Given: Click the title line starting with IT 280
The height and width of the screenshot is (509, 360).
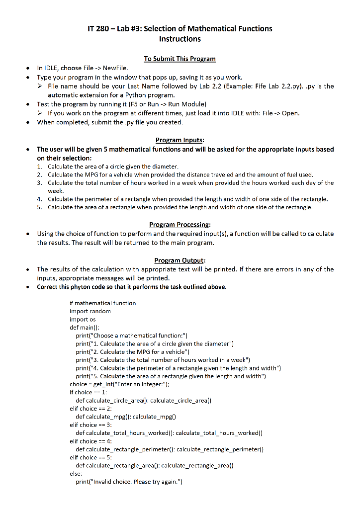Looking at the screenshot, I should (180, 28).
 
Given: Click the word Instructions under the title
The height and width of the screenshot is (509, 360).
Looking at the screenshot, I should (180, 39).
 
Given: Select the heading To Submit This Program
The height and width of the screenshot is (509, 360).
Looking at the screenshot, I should (180, 59).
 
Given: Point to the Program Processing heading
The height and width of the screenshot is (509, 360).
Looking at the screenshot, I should (180, 225).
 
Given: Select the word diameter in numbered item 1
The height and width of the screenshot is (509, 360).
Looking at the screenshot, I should (164, 166).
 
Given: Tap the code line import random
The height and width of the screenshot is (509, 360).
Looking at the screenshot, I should (90, 311).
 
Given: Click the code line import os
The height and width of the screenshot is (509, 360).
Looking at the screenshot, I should (82, 319).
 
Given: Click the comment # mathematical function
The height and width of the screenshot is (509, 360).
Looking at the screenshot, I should (102, 303).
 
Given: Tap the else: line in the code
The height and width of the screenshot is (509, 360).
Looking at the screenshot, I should (76, 473).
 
